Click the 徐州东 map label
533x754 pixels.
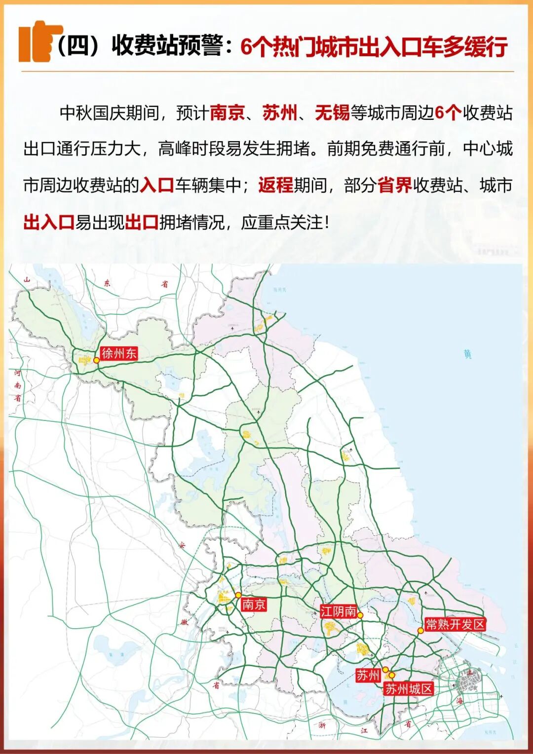pos(118,353)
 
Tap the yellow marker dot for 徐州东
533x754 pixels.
pos(96,360)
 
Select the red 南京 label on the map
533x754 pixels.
pos(254,604)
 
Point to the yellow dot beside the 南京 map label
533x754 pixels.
pos(238,595)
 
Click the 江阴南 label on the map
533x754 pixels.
pos(338,611)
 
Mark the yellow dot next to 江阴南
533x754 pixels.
pos(360,615)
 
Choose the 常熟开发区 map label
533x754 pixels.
pos(455,624)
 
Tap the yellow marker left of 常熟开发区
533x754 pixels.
pos(420,630)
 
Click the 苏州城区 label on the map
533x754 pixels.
pos(409,689)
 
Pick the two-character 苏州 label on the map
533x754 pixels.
pos(368,676)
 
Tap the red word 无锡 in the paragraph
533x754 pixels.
pos(332,113)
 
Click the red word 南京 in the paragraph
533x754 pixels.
pos(228,113)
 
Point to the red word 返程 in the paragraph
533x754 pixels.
pos(275,185)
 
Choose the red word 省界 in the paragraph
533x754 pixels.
pos(395,185)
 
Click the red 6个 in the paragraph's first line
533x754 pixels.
pos(448,113)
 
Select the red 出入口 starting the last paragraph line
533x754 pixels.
pos(48,222)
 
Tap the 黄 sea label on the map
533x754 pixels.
pos(467,354)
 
